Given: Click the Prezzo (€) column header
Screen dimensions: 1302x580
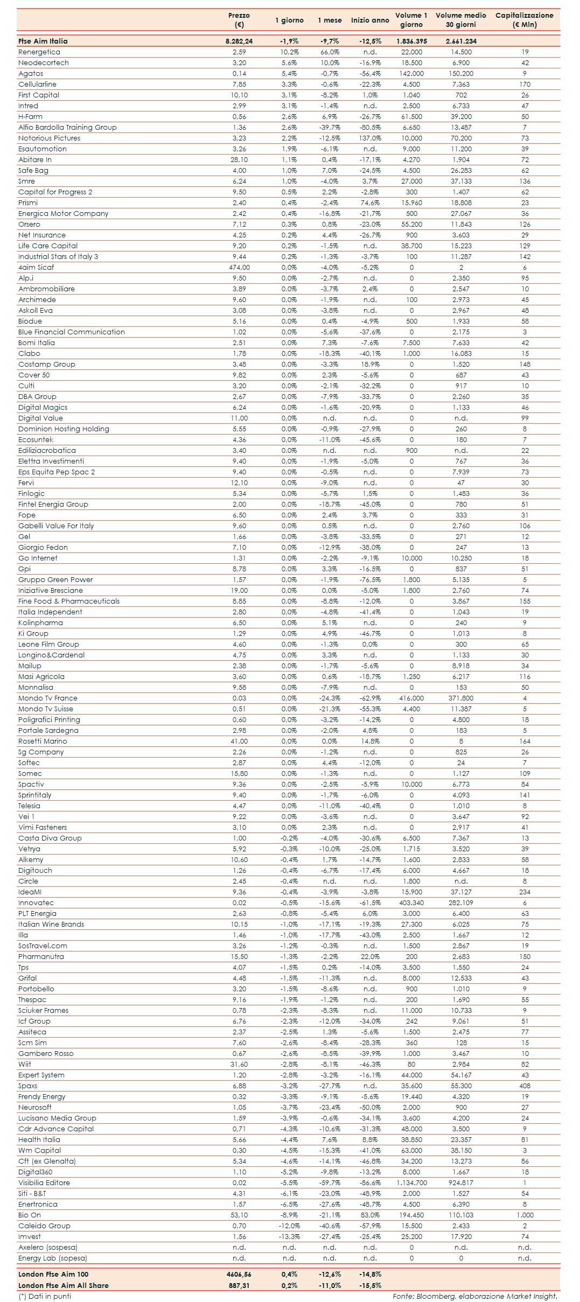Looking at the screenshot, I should click(x=239, y=20).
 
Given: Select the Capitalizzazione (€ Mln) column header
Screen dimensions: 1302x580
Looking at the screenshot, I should click(x=524, y=20).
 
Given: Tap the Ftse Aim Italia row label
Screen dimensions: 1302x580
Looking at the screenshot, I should click(x=43, y=41).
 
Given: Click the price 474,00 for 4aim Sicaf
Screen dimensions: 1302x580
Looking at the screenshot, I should click(x=239, y=267).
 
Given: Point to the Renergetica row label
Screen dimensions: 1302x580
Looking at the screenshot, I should click(x=39, y=52).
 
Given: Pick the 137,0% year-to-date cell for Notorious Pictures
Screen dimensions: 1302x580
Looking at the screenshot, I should click(x=370, y=138).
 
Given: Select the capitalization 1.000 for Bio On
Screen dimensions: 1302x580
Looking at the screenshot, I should click(x=525, y=1215).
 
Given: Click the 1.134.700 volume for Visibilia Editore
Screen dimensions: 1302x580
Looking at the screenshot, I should click(x=411, y=1182).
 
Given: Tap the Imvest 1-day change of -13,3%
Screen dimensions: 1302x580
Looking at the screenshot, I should click(x=289, y=1236).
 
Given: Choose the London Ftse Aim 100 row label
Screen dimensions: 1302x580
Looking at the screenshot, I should click(x=53, y=1274).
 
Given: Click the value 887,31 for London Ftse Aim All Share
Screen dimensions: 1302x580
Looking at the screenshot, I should click(x=239, y=1285).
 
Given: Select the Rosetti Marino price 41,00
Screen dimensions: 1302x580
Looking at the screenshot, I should click(x=239, y=741).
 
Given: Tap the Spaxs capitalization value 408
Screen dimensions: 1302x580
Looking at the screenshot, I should click(x=525, y=1086).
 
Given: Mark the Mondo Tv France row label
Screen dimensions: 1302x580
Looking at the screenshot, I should click(x=48, y=698).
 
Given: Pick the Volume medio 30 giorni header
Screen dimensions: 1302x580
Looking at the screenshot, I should click(x=460, y=20).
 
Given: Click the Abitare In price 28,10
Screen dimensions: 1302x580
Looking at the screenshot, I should click(x=239, y=159).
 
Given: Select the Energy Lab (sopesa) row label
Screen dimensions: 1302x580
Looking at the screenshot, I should click(x=53, y=1258).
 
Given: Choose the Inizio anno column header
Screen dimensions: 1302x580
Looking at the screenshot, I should click(x=370, y=20).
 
